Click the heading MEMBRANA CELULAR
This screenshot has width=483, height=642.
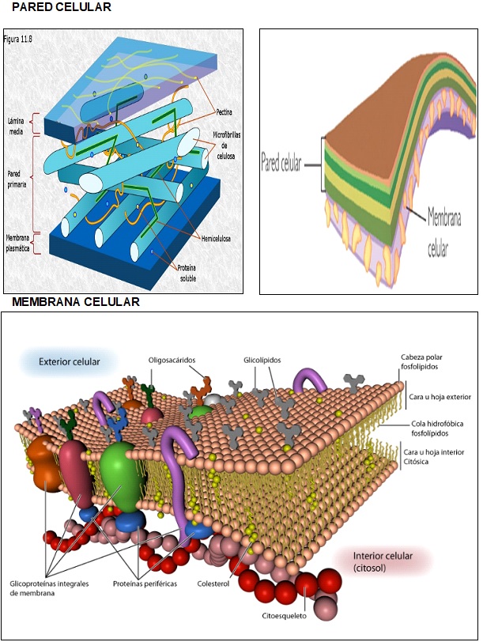pos(76,302)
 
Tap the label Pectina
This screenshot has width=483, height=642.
pos(225,112)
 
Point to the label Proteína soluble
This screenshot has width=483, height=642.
pos(188,272)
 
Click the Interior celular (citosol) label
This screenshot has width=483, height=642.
pos(383,562)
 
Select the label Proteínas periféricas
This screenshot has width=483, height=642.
pos(145,583)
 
